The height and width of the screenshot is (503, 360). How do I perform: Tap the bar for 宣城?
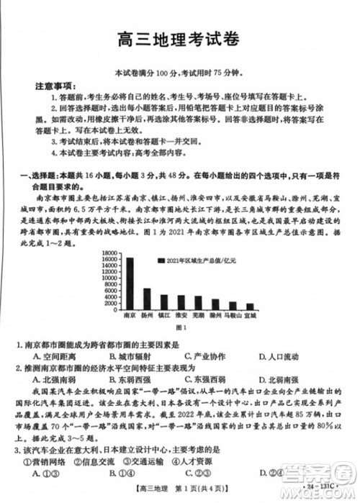[x=250, y=305]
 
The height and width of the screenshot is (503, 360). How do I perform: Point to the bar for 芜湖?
[x=198, y=302]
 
